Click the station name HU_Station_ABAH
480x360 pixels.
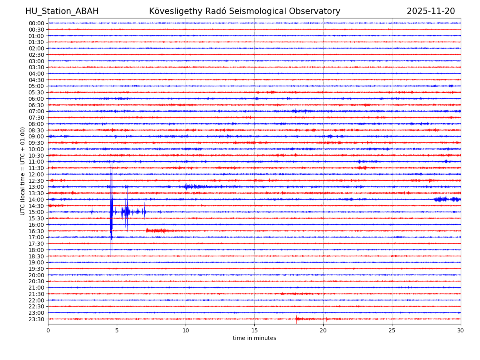click(x=62, y=12)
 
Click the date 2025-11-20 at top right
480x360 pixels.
click(x=430, y=12)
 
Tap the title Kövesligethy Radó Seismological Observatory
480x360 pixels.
click(x=244, y=12)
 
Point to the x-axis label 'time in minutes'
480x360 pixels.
click(x=254, y=338)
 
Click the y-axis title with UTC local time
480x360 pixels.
click(x=23, y=171)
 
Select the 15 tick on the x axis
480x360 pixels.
click(x=254, y=330)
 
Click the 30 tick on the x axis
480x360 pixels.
click(x=461, y=330)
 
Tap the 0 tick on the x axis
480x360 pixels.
click(x=48, y=330)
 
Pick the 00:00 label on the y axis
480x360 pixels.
click(x=36, y=23)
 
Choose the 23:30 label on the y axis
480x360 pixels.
click(x=36, y=319)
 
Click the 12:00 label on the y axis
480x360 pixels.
click(x=36, y=174)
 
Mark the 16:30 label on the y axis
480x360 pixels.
click(x=36, y=231)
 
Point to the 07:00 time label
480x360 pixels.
click(x=36, y=111)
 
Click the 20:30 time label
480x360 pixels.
click(x=36, y=282)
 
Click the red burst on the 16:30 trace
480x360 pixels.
click(x=156, y=231)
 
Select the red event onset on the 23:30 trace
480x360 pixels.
click(x=297, y=319)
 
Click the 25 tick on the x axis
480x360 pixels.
click(x=392, y=330)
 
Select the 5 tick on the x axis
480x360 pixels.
click(x=117, y=330)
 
